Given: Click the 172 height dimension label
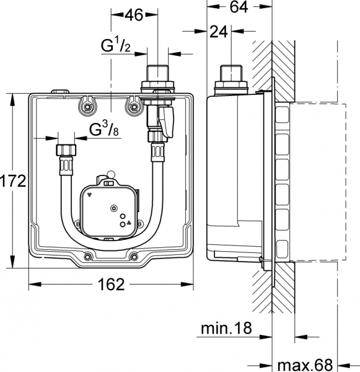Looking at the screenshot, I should click(12, 181).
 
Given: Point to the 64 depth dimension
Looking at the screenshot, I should click(241, 8).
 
